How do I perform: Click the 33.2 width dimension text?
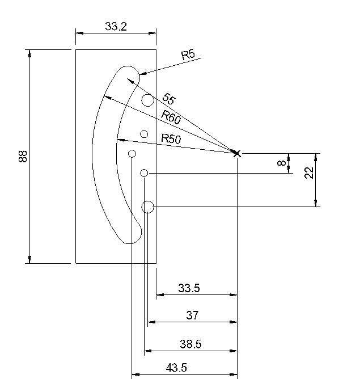click(x=116, y=26)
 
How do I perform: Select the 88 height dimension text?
click(x=23, y=157)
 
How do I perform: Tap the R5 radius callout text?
click(x=188, y=54)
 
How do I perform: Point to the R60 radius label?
click(x=171, y=117)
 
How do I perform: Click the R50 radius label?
click(x=171, y=139)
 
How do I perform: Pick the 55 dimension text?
click(x=169, y=98)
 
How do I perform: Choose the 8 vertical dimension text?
click(x=282, y=163)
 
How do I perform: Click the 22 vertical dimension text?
click(x=309, y=172)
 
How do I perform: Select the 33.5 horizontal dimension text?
click(x=189, y=288)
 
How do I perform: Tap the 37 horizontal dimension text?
click(x=192, y=315)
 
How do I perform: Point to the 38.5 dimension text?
click(x=190, y=344)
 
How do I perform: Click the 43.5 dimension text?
click(x=176, y=368)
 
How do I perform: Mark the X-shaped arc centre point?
click(x=237, y=153)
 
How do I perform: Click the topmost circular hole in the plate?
click(x=147, y=100)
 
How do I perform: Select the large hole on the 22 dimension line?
click(x=147, y=207)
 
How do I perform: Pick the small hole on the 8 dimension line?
click(x=144, y=173)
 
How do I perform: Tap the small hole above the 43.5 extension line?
click(x=132, y=154)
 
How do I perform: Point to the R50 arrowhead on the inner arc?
click(x=121, y=140)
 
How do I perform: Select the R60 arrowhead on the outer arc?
click(x=108, y=98)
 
